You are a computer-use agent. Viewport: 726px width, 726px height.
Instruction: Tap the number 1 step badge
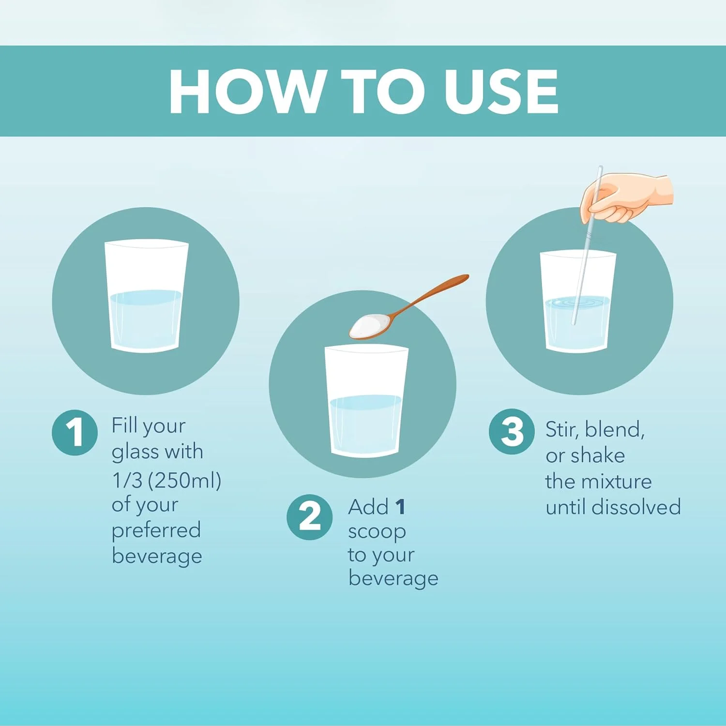click(75, 432)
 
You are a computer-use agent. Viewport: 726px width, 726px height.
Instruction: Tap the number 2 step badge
click(310, 517)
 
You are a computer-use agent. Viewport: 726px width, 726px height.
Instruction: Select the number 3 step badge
click(512, 431)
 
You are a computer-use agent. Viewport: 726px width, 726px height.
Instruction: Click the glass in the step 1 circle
click(146, 296)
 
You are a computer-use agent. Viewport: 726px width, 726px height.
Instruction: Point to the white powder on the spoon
click(369, 325)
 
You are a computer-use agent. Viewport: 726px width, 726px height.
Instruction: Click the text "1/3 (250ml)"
click(166, 480)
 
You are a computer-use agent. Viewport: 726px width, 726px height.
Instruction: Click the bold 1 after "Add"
click(400, 507)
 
